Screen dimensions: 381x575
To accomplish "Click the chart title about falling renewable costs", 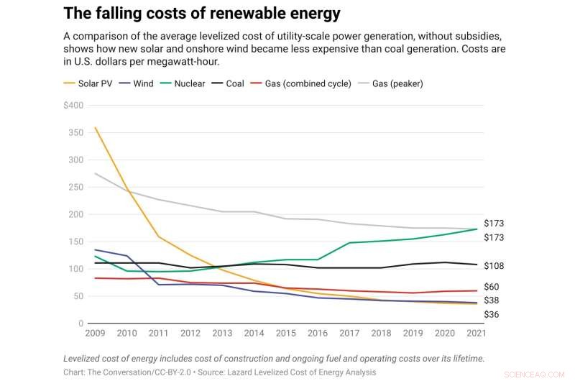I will (x=202, y=14).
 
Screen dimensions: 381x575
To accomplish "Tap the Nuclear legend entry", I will (x=190, y=83).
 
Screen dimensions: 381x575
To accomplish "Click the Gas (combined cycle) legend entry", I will (x=308, y=83).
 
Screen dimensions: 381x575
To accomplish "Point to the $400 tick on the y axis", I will (x=73, y=105).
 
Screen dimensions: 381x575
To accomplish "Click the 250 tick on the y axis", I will (x=76, y=187).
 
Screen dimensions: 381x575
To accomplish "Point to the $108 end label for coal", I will (x=494, y=266).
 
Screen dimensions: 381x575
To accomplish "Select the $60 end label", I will (x=492, y=288).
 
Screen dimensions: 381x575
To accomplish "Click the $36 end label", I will (x=492, y=315).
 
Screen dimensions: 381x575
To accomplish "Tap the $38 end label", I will (x=492, y=300).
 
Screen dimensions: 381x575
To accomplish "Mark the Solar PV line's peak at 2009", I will (x=95, y=128).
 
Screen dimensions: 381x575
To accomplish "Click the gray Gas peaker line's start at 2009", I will (x=95, y=173).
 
